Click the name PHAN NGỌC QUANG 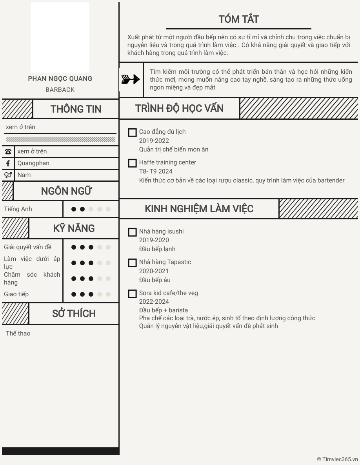pos(60,78)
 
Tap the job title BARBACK pos(60,89)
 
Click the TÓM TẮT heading pos(238,19)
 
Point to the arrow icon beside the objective pos(131,80)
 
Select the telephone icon pos(8,151)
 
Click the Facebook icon pos(8,163)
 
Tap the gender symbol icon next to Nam pos(8,175)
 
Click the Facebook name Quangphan pos(33,163)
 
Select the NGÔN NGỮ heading pos(66,191)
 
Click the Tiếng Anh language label pos(18,209)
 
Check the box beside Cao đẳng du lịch pos(133,133)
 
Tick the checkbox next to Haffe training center pos(133,163)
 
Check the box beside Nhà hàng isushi pos(133,232)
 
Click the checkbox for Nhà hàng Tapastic pos(133,263)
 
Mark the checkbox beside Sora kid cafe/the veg pos(133,294)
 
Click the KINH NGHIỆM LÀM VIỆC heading pos(199,209)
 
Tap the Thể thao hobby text pos(18,334)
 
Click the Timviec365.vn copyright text pos(337,459)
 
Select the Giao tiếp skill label pos(16,294)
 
